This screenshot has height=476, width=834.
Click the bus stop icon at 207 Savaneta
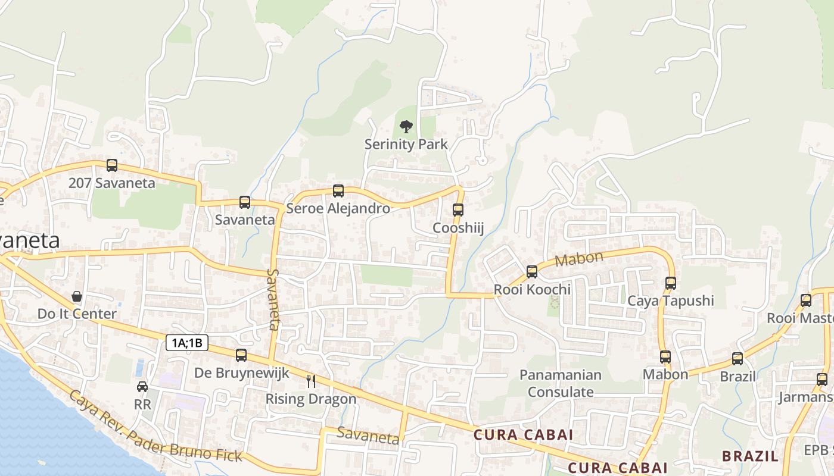(111, 165)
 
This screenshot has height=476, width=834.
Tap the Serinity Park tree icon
(406, 126)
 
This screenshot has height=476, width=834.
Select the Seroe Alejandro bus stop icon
(338, 191)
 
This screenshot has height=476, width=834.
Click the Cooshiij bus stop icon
(458, 210)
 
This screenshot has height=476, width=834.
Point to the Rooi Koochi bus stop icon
(532, 272)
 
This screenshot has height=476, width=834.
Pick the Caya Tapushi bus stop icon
(671, 283)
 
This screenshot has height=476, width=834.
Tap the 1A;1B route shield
(187, 343)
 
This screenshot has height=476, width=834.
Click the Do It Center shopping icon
(77, 296)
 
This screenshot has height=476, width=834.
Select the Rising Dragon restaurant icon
(311, 381)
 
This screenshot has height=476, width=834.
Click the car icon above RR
(142, 387)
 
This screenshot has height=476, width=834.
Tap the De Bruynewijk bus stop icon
(241, 355)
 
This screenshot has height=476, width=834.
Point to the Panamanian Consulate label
(561, 384)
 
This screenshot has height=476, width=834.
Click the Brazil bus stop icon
(737, 359)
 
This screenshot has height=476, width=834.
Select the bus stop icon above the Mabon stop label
(665, 357)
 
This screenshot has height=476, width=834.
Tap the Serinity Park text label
(406, 144)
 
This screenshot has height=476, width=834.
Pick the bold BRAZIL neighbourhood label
(750, 456)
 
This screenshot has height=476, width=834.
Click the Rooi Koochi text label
(533, 290)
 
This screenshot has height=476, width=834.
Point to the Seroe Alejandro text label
(338, 208)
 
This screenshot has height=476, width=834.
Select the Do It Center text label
(77, 314)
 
